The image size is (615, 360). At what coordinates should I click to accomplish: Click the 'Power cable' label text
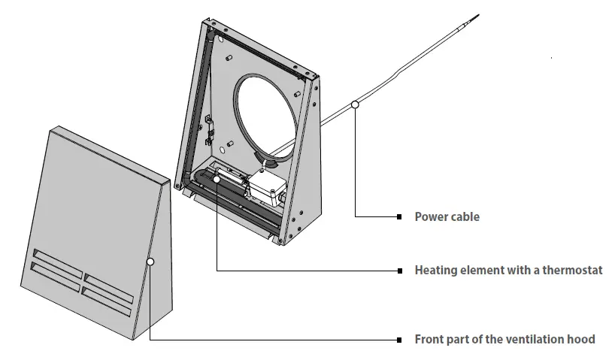447,217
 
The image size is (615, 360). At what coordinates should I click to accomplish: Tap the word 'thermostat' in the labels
571,270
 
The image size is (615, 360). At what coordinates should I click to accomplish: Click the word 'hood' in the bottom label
580,340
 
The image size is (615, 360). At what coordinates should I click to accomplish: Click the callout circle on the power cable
355,105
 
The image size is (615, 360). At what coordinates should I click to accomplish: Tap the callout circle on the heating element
216,179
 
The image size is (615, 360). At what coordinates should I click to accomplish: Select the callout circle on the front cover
151,262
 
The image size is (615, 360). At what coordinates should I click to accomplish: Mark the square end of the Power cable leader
399,217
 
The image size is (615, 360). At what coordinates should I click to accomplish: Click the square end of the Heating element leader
399,270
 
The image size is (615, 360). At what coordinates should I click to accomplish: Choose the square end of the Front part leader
399,340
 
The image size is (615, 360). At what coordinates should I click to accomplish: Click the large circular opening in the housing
266,110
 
